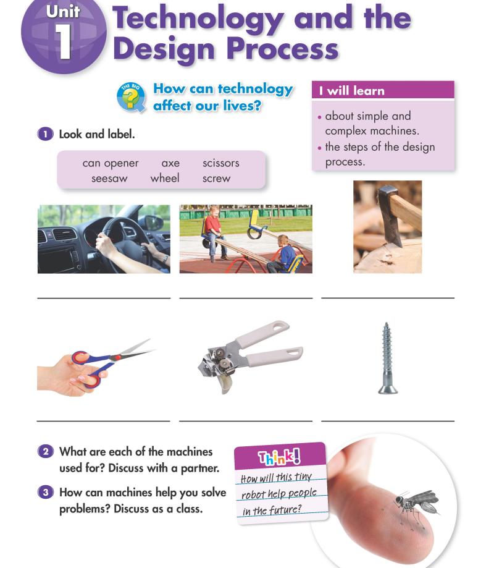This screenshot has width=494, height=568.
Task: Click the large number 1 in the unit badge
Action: click(64, 41)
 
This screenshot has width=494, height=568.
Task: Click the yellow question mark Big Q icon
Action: click(131, 97)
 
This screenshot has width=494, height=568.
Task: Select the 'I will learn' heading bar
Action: click(383, 90)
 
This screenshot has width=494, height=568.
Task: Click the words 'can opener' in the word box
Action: click(111, 163)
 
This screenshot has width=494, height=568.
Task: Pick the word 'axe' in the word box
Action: click(170, 163)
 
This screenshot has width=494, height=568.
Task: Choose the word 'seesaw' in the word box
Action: click(109, 179)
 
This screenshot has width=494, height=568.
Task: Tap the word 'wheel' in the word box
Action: click(165, 178)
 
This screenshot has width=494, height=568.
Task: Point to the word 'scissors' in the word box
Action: click(221, 163)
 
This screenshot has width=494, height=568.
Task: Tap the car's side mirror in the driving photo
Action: click(154, 223)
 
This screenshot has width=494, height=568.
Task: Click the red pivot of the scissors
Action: click(115, 358)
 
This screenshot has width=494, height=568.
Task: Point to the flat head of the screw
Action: click(388, 390)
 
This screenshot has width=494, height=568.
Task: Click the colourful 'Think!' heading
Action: click(279, 457)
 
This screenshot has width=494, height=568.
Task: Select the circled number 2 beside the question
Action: click(46, 452)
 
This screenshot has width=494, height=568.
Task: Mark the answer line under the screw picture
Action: click(388, 421)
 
